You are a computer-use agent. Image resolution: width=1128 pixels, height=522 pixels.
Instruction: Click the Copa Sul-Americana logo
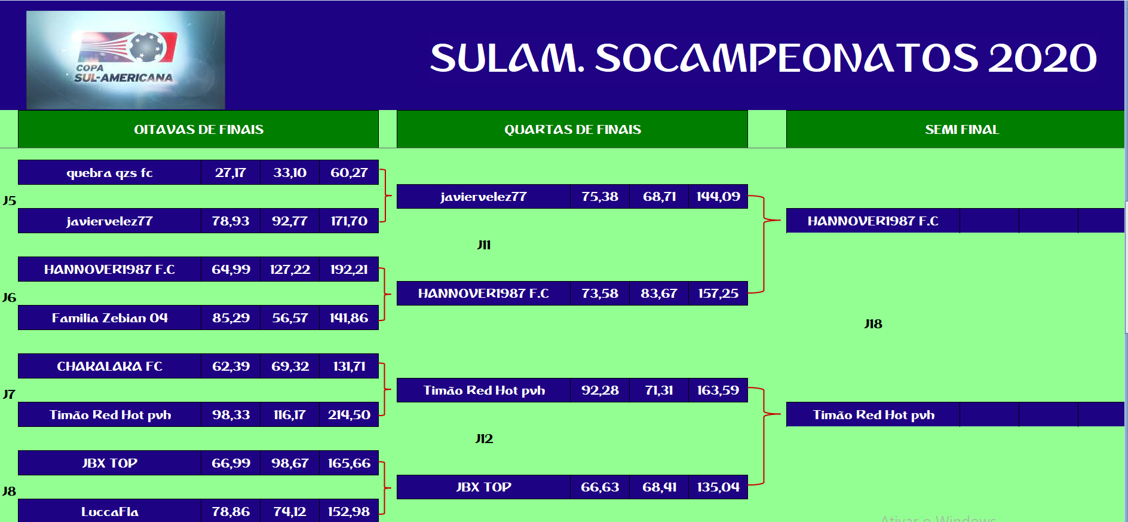coord(125,60)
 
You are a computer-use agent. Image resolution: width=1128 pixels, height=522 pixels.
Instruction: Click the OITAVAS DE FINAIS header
coord(198,129)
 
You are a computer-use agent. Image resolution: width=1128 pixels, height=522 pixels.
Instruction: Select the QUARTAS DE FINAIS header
coord(572,129)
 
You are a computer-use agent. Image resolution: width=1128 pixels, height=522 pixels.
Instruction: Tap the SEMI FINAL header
coord(962,129)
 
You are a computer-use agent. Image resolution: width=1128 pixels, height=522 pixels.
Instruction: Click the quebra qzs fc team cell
coord(110,172)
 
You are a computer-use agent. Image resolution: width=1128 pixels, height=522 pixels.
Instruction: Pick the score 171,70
coord(349,221)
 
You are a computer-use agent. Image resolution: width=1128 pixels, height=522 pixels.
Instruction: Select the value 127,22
coord(290,269)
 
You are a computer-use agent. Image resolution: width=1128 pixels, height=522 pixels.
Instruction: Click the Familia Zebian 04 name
coord(110,318)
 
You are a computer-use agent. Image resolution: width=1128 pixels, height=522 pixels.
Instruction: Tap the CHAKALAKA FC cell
coord(110,366)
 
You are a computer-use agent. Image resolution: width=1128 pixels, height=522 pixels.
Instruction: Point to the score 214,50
coord(349,414)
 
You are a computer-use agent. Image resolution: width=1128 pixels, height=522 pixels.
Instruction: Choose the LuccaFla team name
coord(110,511)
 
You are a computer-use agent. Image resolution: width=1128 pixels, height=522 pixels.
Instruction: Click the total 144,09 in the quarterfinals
coord(718,196)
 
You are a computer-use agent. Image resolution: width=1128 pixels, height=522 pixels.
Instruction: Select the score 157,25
coord(718,293)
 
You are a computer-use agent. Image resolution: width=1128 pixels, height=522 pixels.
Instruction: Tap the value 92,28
coord(600,390)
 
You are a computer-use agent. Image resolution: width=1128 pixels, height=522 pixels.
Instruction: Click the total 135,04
coord(718,487)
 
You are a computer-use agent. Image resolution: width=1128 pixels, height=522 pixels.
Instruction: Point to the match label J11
coord(484,245)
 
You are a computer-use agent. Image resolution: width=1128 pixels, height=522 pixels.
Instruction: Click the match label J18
coord(873,323)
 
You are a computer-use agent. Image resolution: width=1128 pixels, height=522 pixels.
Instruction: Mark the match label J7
coord(9,394)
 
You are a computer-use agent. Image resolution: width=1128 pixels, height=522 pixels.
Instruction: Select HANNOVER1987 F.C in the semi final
coord(873,221)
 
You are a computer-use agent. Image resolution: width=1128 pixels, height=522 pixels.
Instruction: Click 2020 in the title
coord(1043,58)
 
